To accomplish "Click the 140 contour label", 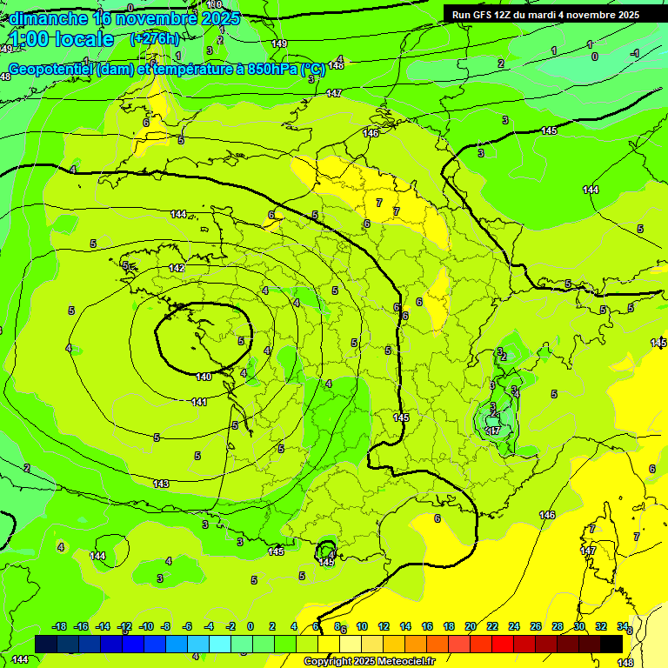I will pos(204,377).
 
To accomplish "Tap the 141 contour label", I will pos(199,402).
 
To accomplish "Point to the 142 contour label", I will pos(177,269).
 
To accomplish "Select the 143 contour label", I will pos(161,484).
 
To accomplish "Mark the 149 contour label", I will pos(279,43).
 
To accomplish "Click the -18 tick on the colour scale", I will pos(59,626).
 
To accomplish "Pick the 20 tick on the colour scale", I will pos(471,626).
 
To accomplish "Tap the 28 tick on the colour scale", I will pos(558,626).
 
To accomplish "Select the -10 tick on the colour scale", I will pos(146,626).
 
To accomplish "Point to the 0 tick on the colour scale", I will pos(250,626).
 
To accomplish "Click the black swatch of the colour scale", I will pos(611,644).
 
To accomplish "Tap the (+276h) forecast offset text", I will pos(155,38).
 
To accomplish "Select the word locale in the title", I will pos(84,39).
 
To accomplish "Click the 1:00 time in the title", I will pos(30,39).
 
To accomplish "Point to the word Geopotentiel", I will pos(50,70).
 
